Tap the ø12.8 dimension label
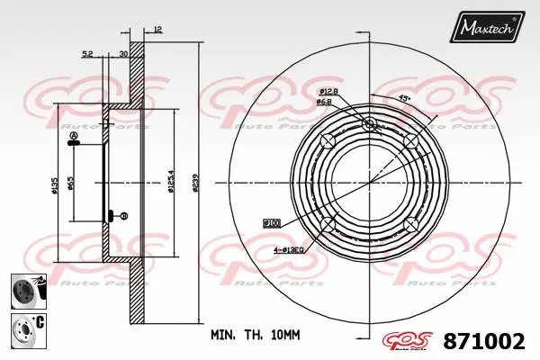pos(327,93)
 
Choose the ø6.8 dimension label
pos(327,103)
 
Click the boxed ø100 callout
pos(271,221)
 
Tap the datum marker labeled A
pos(74,137)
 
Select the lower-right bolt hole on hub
pos(411,223)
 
